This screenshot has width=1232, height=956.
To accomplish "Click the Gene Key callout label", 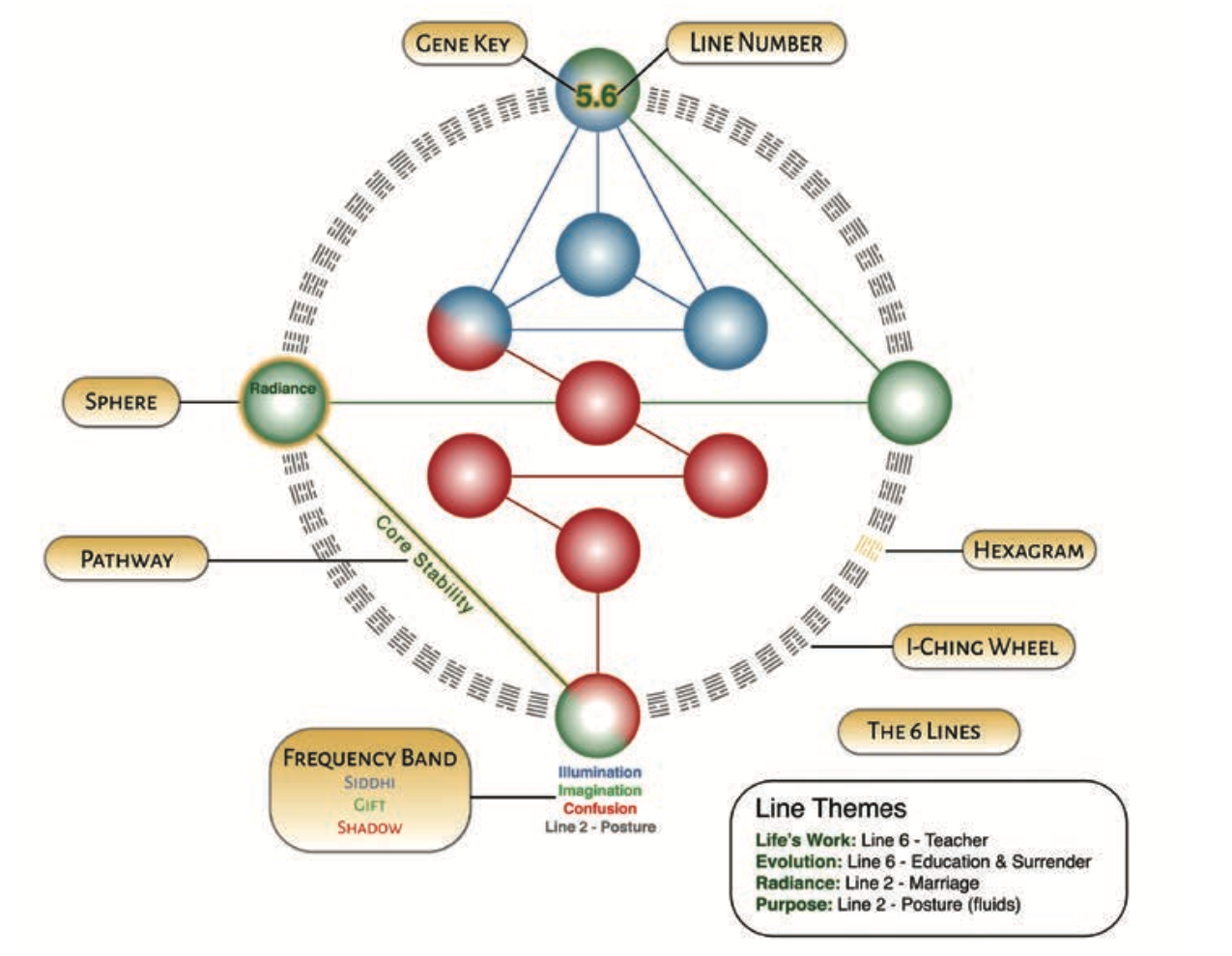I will tap(462, 43).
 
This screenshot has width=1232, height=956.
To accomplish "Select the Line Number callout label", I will tap(756, 43).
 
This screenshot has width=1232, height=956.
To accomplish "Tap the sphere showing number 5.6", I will tap(597, 93).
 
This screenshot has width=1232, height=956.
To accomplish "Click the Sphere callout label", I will tap(121, 401).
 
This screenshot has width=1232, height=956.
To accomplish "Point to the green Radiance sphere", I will tap(283, 402).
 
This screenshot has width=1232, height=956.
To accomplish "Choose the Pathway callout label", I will tap(127, 560).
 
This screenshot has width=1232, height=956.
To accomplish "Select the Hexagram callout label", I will tap(1028, 551).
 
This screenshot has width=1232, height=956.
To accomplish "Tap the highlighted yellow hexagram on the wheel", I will tap(869, 549).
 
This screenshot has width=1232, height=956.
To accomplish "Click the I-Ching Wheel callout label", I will tap(982, 647).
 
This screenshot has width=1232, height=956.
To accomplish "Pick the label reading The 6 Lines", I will tap(925, 731).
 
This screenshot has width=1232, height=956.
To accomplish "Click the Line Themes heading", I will tap(831, 808).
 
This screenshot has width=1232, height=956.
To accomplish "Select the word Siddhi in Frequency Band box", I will tap(369, 783).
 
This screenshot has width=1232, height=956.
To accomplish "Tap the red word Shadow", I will tap(369, 827).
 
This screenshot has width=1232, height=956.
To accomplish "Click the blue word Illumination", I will tap(599, 772).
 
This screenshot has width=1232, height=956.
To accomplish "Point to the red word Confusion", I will tap(599, 809).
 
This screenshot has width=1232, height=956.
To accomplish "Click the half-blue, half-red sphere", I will tap(469, 329).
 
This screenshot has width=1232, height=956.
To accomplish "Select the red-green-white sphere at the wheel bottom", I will tap(598, 716).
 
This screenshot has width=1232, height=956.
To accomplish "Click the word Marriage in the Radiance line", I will tap(943, 883).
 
